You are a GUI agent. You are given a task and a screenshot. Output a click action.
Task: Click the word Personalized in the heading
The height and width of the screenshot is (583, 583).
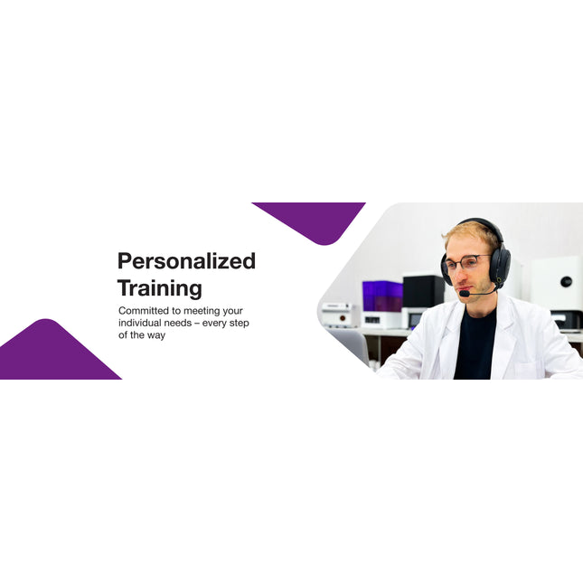tap(186, 262)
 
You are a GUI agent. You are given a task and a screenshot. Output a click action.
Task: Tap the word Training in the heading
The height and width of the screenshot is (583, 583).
tap(159, 289)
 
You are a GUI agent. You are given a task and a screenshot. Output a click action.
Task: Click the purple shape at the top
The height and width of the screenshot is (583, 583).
tap(313, 217)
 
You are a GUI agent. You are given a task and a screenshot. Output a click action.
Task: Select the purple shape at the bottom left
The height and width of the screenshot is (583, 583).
tap(51, 354)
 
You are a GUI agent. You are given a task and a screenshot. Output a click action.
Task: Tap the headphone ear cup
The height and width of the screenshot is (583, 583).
tap(500, 264)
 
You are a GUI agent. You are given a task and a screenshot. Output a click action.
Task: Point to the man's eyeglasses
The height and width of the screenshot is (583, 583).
tap(465, 263)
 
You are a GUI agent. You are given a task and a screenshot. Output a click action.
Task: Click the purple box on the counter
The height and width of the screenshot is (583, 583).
tap(381, 296)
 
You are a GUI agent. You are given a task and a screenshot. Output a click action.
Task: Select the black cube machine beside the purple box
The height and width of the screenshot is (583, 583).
tap(422, 291)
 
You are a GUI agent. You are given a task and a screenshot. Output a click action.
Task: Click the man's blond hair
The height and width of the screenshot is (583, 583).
tap(471, 234)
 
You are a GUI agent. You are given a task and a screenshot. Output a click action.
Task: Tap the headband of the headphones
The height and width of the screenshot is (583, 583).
tap(479, 223)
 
